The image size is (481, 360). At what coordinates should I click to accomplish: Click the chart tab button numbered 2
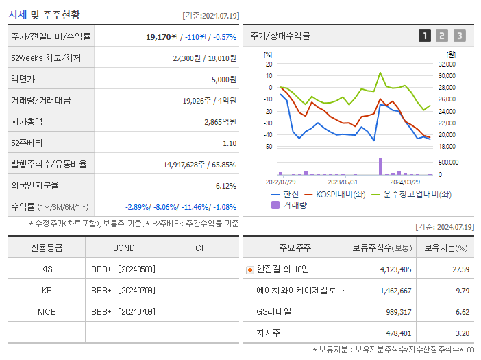pyautogui.click(x=442, y=36)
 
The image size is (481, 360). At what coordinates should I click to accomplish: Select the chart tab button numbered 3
pyautogui.click(x=459, y=36)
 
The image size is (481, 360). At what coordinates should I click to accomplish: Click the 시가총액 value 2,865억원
pyautogui.click(x=220, y=121)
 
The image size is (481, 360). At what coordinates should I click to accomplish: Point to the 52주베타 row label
pyautogui.click(x=27, y=143)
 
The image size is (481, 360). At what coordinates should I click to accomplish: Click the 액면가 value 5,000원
pyautogui.click(x=223, y=79)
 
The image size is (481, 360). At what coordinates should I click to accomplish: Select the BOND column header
pyautogui.click(x=123, y=248)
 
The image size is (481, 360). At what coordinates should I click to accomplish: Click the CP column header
pyautogui.click(x=201, y=248)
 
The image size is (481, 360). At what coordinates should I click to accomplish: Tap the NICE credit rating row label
pyautogui.click(x=47, y=311)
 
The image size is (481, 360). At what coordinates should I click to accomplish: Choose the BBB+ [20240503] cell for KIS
pyautogui.click(x=123, y=269)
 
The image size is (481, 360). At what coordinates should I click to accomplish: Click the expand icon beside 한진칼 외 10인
pyautogui.click(x=250, y=269)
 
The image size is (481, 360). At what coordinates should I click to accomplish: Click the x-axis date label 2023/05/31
pyautogui.click(x=343, y=182)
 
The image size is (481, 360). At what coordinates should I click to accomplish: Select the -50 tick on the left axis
pyautogui.click(x=268, y=147)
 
